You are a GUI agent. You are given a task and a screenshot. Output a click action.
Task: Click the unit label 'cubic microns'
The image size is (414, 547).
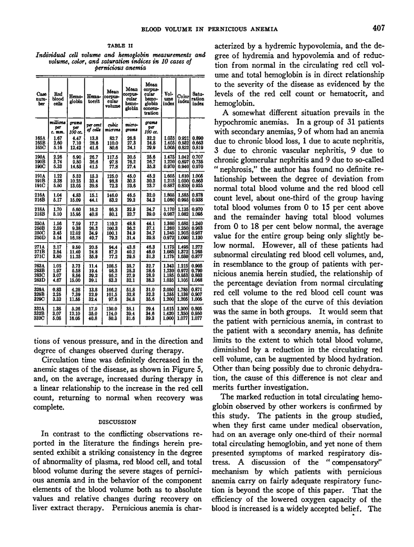coord(112,126)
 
